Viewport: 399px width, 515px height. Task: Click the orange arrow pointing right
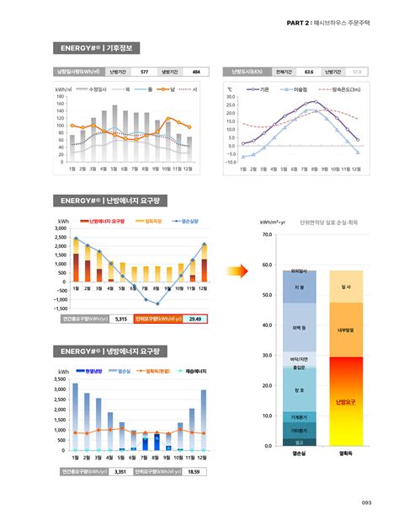coord(240,271)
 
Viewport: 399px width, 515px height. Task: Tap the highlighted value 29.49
coord(194,319)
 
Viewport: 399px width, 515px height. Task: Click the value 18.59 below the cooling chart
coord(194,471)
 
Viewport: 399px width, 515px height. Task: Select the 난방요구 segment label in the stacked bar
coord(345,402)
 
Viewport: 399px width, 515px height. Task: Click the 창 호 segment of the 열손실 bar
coord(299,390)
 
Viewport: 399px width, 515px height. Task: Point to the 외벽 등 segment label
coord(299,327)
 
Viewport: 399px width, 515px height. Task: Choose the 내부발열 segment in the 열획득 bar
coord(345,330)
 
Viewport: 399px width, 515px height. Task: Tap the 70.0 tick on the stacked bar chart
coord(267,234)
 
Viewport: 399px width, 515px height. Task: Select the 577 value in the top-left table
coord(144,72)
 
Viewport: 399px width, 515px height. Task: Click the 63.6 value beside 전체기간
coord(309,72)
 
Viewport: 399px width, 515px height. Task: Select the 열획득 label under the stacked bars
coord(345,453)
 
